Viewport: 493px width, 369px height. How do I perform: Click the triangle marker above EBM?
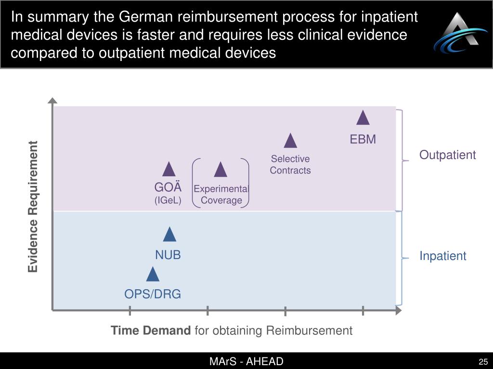363,118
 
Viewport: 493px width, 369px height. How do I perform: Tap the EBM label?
363,139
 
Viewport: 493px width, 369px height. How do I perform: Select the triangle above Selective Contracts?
290,141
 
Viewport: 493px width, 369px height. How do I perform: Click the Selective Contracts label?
290,164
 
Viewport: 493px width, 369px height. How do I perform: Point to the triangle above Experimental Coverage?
221,170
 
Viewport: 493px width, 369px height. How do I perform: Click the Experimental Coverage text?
221,195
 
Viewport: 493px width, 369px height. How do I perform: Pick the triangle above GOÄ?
169,170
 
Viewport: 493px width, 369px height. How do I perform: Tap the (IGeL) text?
168,200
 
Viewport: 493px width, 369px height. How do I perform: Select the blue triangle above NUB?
169,234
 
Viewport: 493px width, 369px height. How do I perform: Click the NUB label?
168,255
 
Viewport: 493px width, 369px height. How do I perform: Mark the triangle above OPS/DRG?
153,274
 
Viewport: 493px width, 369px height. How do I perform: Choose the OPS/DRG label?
153,294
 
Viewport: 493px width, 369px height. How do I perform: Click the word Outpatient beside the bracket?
447,155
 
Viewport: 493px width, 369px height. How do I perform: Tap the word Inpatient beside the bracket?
442,256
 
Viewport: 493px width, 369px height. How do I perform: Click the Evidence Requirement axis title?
33,207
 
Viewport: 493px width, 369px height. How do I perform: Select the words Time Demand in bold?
151,331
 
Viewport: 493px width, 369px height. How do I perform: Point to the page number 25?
483,362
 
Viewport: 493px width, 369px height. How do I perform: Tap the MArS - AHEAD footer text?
246,362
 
